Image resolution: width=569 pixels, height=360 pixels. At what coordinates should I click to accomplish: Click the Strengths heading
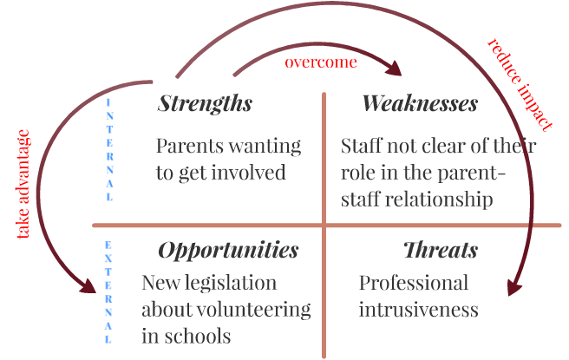[x=205, y=104]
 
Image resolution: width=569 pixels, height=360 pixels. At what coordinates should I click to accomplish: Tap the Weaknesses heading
[x=420, y=103]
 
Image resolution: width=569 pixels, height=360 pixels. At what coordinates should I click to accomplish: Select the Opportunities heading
[x=228, y=251]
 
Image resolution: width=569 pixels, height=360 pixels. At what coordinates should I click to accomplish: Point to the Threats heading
[x=441, y=250]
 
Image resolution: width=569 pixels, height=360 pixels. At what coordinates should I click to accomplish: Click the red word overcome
[x=321, y=62]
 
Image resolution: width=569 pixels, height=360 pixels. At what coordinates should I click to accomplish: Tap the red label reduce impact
[x=520, y=84]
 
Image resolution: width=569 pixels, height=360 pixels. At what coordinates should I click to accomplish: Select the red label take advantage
[x=23, y=184]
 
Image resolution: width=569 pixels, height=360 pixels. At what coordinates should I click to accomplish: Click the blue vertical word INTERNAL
[x=109, y=149]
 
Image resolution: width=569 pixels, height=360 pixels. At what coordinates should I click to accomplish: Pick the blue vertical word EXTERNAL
[x=108, y=291]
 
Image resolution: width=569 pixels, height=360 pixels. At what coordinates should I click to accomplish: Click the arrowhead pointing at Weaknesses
[x=394, y=68]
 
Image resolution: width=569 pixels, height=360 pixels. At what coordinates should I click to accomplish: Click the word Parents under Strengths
[x=190, y=147]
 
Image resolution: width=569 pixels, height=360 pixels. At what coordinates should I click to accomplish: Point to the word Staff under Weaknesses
[x=362, y=146]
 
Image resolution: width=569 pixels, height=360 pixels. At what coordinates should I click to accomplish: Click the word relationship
[x=439, y=200]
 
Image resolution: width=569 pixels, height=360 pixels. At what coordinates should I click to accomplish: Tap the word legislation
[x=231, y=283]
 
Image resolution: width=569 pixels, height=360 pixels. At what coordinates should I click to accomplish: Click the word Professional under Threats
[x=414, y=283]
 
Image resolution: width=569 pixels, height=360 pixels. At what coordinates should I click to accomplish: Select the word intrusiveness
[x=418, y=310]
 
